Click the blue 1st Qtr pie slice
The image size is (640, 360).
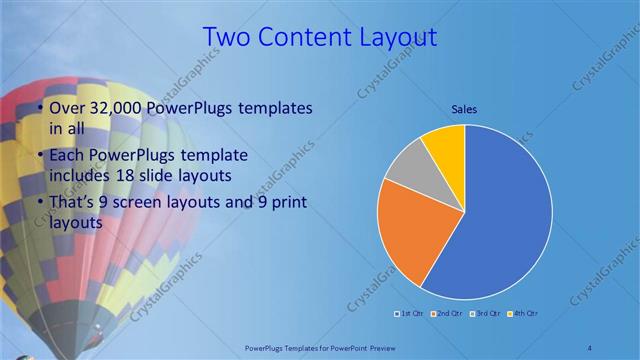pyautogui.click(x=505, y=215)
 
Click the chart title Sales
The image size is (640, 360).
pyautogui.click(x=464, y=108)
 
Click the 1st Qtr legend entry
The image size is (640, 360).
pyautogui.click(x=410, y=315)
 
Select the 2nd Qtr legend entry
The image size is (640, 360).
pyautogui.click(x=447, y=315)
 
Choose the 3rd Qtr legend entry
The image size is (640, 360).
pyautogui.click(x=485, y=315)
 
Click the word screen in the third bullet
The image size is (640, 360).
pyautogui.click(x=158, y=204)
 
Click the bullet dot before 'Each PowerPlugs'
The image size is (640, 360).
pyautogui.click(x=39, y=157)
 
